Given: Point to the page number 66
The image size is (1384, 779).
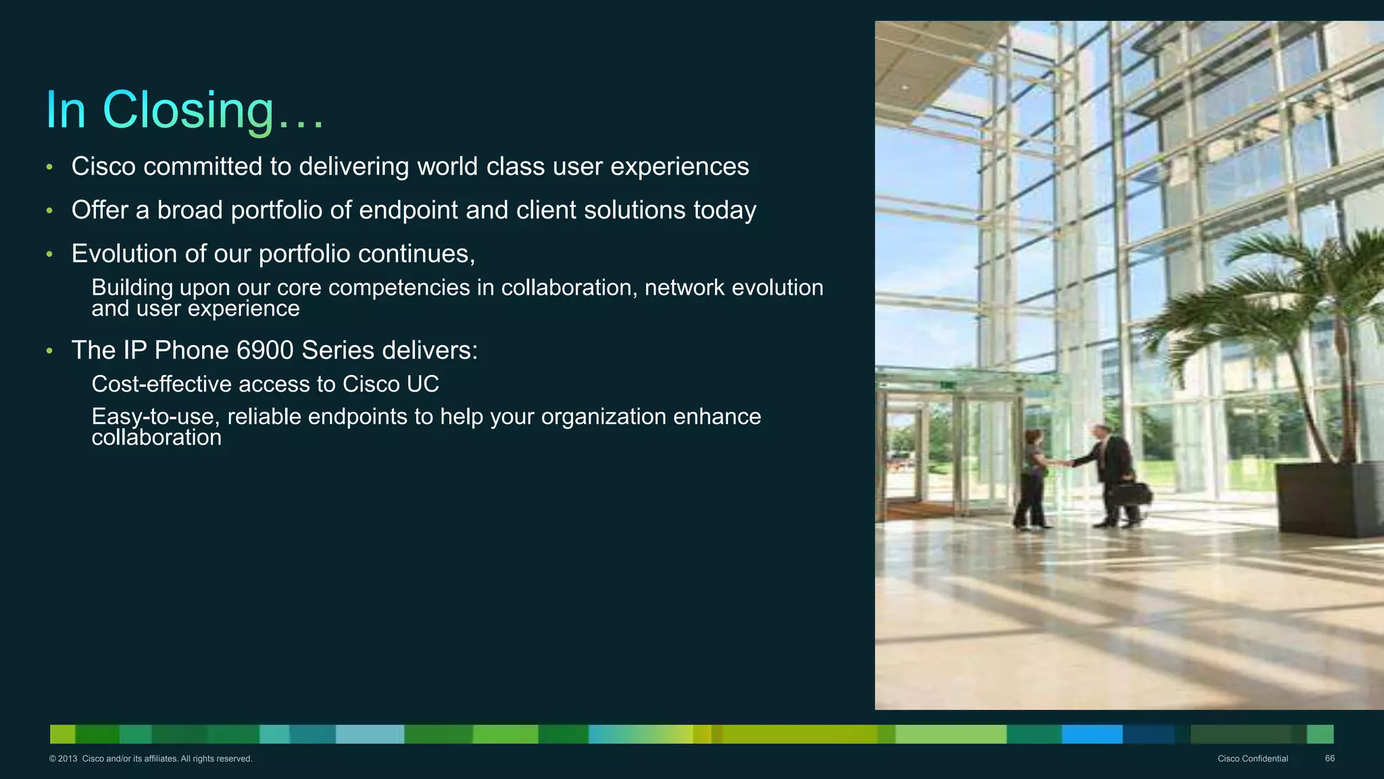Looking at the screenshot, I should pyautogui.click(x=1329, y=759).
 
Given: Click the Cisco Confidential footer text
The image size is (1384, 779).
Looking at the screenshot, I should pyautogui.click(x=1252, y=759).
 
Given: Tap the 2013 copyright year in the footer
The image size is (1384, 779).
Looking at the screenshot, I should pyautogui.click(x=68, y=759).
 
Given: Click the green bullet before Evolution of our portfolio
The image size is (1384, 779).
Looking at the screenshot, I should pyautogui.click(x=49, y=255).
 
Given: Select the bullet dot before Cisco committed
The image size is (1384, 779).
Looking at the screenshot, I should pyautogui.click(x=49, y=167).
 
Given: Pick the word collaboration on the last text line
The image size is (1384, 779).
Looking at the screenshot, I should pyautogui.click(x=156, y=438).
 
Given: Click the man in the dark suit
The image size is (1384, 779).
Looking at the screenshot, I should pyautogui.click(x=1114, y=473).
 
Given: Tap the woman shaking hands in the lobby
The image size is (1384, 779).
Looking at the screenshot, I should pyautogui.click(x=1033, y=477).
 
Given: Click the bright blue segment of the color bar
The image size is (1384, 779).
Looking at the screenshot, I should pyautogui.click(x=1091, y=734).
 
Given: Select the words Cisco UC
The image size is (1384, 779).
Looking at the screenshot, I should pyautogui.click(x=391, y=384).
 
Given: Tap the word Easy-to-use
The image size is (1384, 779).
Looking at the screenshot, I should pyautogui.click(x=155, y=417).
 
